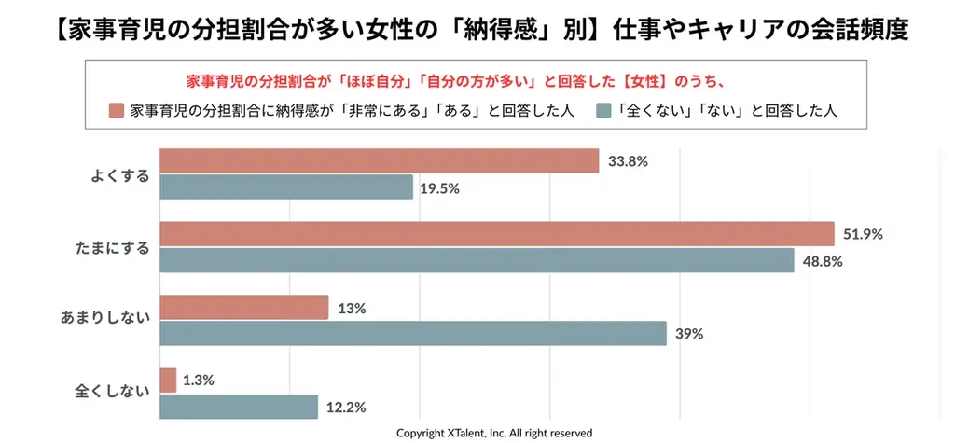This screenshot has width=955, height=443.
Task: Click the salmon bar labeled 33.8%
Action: [x=379, y=160]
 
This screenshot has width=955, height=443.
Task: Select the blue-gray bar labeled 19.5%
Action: [x=286, y=187]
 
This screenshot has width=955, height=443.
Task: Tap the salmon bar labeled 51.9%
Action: [x=496, y=234]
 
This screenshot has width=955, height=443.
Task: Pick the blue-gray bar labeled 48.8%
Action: [x=477, y=261]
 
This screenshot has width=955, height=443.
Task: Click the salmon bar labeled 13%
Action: [x=244, y=307]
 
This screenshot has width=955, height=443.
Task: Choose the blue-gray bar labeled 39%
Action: [x=413, y=334]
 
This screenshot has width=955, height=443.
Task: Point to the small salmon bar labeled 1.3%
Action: [x=168, y=380]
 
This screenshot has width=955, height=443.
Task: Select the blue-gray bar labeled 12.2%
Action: [x=239, y=407]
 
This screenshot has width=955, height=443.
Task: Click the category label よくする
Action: [x=119, y=174]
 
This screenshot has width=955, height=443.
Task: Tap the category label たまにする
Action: [x=112, y=248]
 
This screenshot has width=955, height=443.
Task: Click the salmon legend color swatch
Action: [x=117, y=110]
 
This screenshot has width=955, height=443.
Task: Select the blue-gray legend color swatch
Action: [x=602, y=110]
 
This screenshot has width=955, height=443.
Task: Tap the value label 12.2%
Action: [x=345, y=407]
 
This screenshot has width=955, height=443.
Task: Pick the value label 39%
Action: [x=689, y=334]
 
